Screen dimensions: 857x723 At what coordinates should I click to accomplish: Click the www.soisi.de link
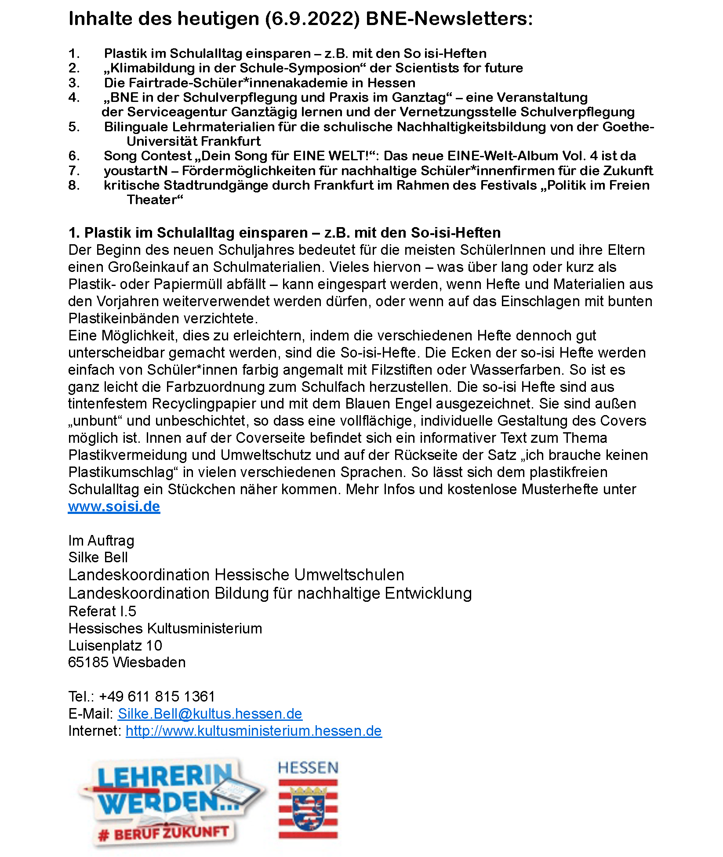114,506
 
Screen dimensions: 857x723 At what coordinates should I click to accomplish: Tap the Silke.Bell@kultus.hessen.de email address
210,714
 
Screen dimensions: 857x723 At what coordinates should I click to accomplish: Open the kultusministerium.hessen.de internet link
254,731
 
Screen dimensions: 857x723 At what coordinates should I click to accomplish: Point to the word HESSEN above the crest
308,768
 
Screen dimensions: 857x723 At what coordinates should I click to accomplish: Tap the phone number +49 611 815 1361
157,697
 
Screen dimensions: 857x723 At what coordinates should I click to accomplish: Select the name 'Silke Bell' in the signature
98,557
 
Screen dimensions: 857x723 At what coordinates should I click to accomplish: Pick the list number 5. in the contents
74,127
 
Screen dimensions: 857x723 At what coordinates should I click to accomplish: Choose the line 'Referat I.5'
102,611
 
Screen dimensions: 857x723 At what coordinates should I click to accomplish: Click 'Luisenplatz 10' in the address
115,646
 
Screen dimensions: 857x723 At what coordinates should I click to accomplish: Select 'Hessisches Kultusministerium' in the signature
165,629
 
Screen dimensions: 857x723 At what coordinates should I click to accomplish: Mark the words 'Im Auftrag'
101,541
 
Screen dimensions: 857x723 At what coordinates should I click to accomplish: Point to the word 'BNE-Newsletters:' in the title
449,19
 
